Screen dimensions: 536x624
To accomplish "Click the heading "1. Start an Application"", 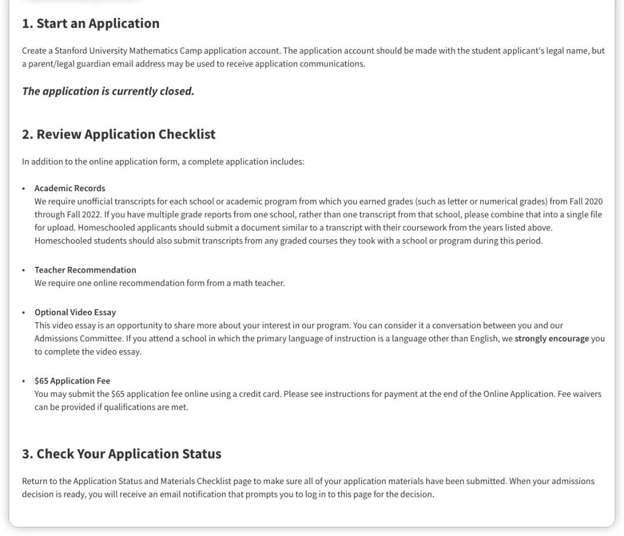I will click(x=90, y=24).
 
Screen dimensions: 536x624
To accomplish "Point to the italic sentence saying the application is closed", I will click(x=108, y=91).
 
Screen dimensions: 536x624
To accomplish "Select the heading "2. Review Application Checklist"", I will click(x=118, y=135).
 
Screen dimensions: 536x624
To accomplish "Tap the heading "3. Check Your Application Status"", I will click(x=121, y=454).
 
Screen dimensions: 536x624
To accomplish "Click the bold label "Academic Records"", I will click(x=70, y=188).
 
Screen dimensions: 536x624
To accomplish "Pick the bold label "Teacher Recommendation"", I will click(x=86, y=270).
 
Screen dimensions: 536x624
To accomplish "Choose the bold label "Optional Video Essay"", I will click(x=75, y=312).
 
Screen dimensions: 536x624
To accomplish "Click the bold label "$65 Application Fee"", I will click(x=72, y=381).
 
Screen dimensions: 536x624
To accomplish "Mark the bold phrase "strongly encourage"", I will click(x=552, y=338).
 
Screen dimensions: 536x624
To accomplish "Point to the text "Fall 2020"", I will click(x=586, y=202).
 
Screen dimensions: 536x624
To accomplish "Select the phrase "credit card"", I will click(x=259, y=394).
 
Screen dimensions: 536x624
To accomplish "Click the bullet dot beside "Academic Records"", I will click(x=24, y=189).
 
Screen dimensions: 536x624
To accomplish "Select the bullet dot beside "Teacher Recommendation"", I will click(x=24, y=270).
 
